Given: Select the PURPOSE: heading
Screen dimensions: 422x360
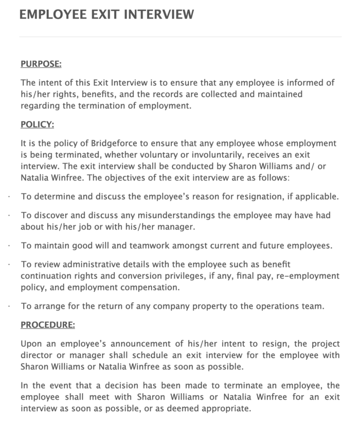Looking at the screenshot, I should pos(41,64).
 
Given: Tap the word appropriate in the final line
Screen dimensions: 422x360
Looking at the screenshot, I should pos(226,409).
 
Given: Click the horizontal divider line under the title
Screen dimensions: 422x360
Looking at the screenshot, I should pos(180,37).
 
